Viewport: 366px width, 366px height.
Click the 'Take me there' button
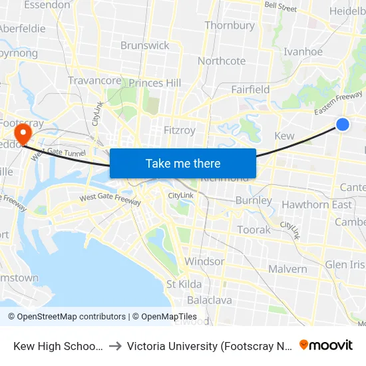coord(183,163)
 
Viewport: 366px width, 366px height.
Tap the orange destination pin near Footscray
coord(23,133)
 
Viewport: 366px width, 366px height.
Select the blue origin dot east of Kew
coord(343,124)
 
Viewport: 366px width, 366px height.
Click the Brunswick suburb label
coord(145,45)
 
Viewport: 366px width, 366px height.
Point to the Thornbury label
coord(230,25)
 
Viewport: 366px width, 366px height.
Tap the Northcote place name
coord(222,61)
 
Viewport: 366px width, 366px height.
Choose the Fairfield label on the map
coord(250,89)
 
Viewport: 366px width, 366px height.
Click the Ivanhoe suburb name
coord(303,51)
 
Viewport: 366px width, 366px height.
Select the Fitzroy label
coord(180,130)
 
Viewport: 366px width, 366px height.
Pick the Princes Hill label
coord(155,83)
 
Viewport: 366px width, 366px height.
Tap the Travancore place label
coord(94,81)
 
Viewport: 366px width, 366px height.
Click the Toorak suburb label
coord(254,230)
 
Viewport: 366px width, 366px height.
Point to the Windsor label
coord(204,261)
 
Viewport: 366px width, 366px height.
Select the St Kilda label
coord(184,284)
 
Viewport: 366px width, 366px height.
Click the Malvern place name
coord(287,269)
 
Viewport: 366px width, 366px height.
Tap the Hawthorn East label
coord(317,204)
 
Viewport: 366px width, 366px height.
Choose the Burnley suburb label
coord(254,200)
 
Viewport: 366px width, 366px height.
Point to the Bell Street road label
coord(280,7)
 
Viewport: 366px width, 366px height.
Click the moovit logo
coord(326,345)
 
